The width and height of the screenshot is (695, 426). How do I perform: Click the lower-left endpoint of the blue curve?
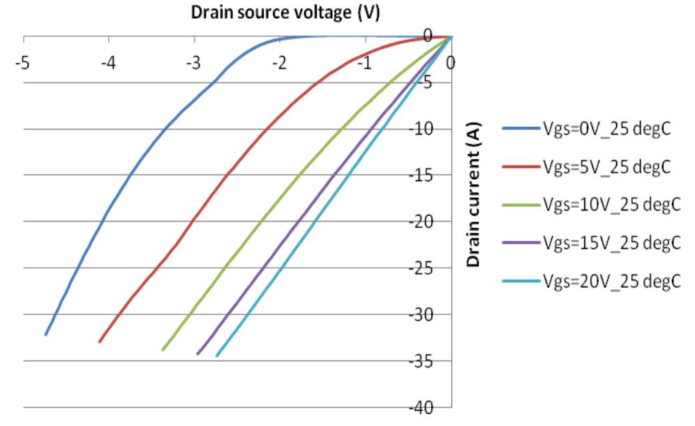tap(46, 335)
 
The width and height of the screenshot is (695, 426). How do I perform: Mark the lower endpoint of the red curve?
tap(100, 342)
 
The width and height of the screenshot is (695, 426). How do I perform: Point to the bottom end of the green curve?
tap(163, 349)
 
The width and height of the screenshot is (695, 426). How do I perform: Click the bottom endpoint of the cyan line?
tap(217, 356)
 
